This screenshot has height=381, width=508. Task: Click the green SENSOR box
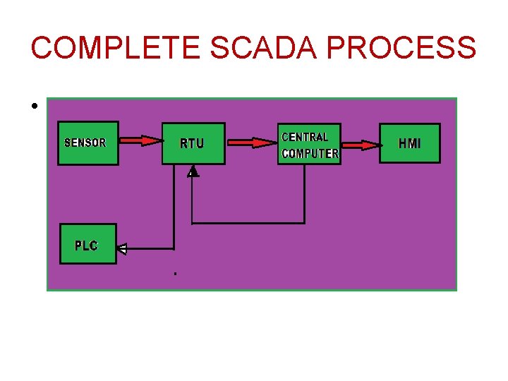point(87,143)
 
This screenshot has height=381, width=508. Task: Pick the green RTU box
point(193,144)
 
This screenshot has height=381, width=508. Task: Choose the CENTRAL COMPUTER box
point(309,145)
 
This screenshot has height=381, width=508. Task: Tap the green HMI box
point(409,143)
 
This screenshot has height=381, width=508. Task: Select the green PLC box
point(88,245)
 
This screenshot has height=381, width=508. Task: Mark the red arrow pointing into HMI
point(360,145)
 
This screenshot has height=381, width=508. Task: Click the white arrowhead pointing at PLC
point(122,248)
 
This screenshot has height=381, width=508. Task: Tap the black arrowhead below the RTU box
point(193,171)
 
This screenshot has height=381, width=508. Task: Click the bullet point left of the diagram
point(34,107)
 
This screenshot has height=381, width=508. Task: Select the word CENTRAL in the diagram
point(305,137)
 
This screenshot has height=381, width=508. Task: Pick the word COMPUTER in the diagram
point(310,153)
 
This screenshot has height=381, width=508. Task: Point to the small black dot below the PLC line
point(174,272)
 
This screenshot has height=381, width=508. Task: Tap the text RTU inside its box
point(192,144)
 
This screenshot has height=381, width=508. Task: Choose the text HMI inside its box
point(409,143)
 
